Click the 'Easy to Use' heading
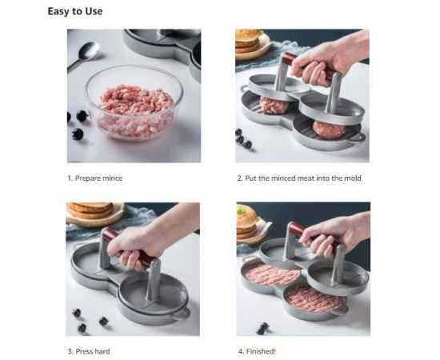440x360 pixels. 75,11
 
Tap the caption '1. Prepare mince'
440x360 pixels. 95,178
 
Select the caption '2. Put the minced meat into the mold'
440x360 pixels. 299,178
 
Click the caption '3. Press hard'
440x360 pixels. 89,351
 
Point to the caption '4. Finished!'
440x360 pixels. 257,351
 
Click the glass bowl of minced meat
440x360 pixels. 134,102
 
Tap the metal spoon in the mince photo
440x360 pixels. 84,55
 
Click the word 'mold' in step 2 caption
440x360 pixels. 353,178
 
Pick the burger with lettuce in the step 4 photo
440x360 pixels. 248,222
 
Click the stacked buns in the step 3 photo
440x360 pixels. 90,210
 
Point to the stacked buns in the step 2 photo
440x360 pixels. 247,41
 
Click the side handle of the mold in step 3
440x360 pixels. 181,313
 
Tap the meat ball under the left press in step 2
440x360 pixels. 274,106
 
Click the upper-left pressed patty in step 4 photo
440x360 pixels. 270,274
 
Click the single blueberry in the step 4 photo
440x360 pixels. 262,328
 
